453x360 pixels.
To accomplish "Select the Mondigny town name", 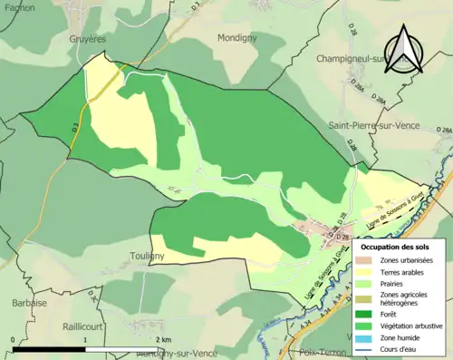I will point(238,38).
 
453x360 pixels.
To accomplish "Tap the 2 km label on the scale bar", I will point(162,339).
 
